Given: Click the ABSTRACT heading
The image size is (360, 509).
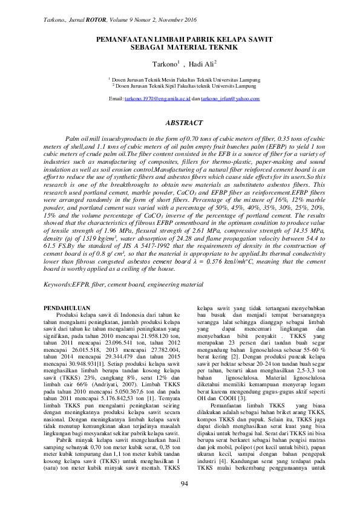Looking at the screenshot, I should [x=180, y=123].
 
